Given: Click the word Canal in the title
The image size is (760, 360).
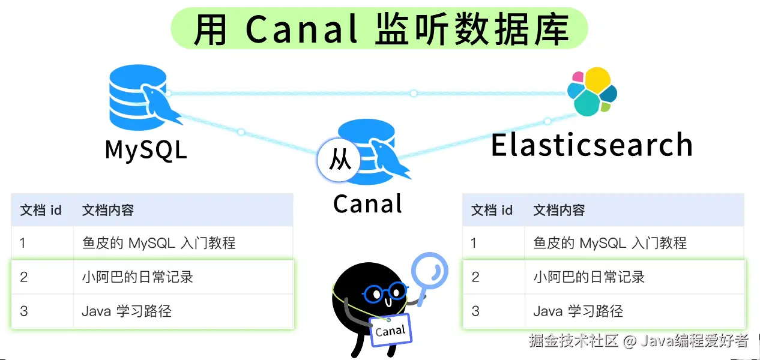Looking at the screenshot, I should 301,29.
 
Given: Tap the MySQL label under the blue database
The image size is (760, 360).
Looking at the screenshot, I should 146,150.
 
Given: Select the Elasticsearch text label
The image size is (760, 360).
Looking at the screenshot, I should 592,145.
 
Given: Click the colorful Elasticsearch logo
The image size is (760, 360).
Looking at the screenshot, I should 592,92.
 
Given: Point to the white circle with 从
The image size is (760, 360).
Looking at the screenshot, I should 339,161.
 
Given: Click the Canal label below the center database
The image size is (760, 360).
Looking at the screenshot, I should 367,204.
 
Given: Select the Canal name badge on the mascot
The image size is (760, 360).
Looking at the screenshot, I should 390,330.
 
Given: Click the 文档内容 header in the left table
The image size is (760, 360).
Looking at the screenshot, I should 108,210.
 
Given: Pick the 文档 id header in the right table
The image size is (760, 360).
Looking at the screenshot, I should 492,210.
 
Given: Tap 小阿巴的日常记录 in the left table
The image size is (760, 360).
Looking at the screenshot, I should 137,277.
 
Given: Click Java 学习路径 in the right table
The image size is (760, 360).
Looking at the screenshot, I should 578,311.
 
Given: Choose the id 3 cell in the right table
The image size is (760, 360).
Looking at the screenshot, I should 475,311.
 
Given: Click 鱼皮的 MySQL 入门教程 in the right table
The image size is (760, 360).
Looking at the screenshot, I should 610,243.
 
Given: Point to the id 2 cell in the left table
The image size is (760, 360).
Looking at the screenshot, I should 23,277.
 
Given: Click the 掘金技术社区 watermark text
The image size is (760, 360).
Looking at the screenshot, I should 574,341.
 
